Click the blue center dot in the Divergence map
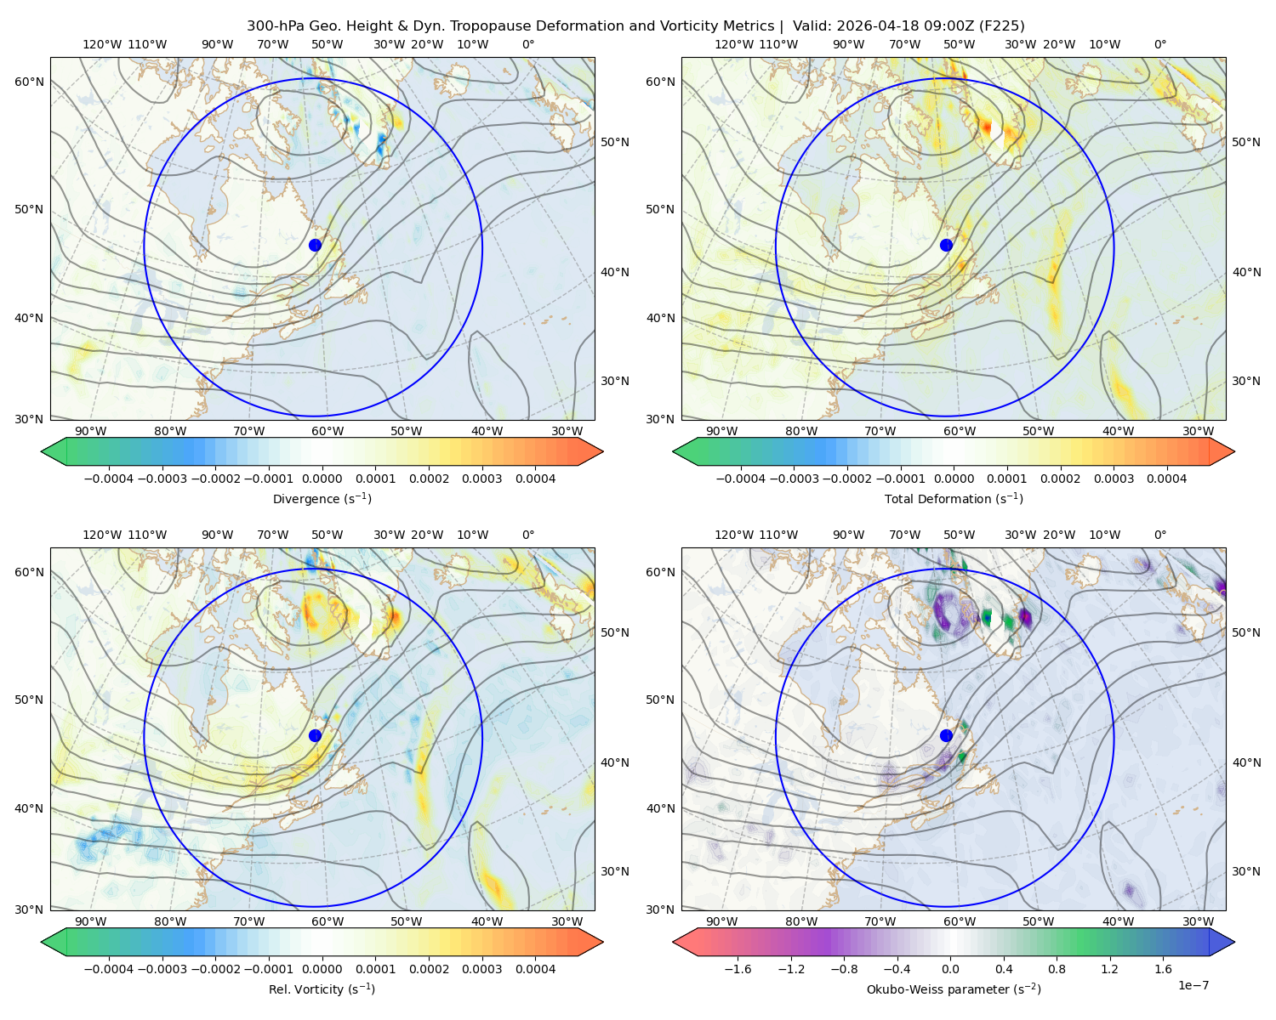tap(315, 246)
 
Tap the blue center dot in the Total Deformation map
tap(946, 246)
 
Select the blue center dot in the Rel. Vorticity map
tap(315, 735)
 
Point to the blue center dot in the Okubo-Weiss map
tap(946, 735)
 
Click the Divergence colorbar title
tap(322, 499)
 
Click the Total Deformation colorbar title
tap(954, 499)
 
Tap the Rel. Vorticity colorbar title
tap(322, 989)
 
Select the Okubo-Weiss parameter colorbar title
tap(954, 989)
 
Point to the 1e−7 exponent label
tap(1193, 985)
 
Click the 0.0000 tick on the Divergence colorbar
tap(322, 479)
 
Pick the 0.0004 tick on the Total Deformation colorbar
tap(1166, 479)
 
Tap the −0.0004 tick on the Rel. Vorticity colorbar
tap(109, 969)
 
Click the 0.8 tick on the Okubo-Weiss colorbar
tap(1057, 969)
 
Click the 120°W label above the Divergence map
tap(102, 44)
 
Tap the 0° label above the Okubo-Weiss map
tap(1159, 535)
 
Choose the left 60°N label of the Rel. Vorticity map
tap(29, 572)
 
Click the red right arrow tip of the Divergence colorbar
tap(602, 451)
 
